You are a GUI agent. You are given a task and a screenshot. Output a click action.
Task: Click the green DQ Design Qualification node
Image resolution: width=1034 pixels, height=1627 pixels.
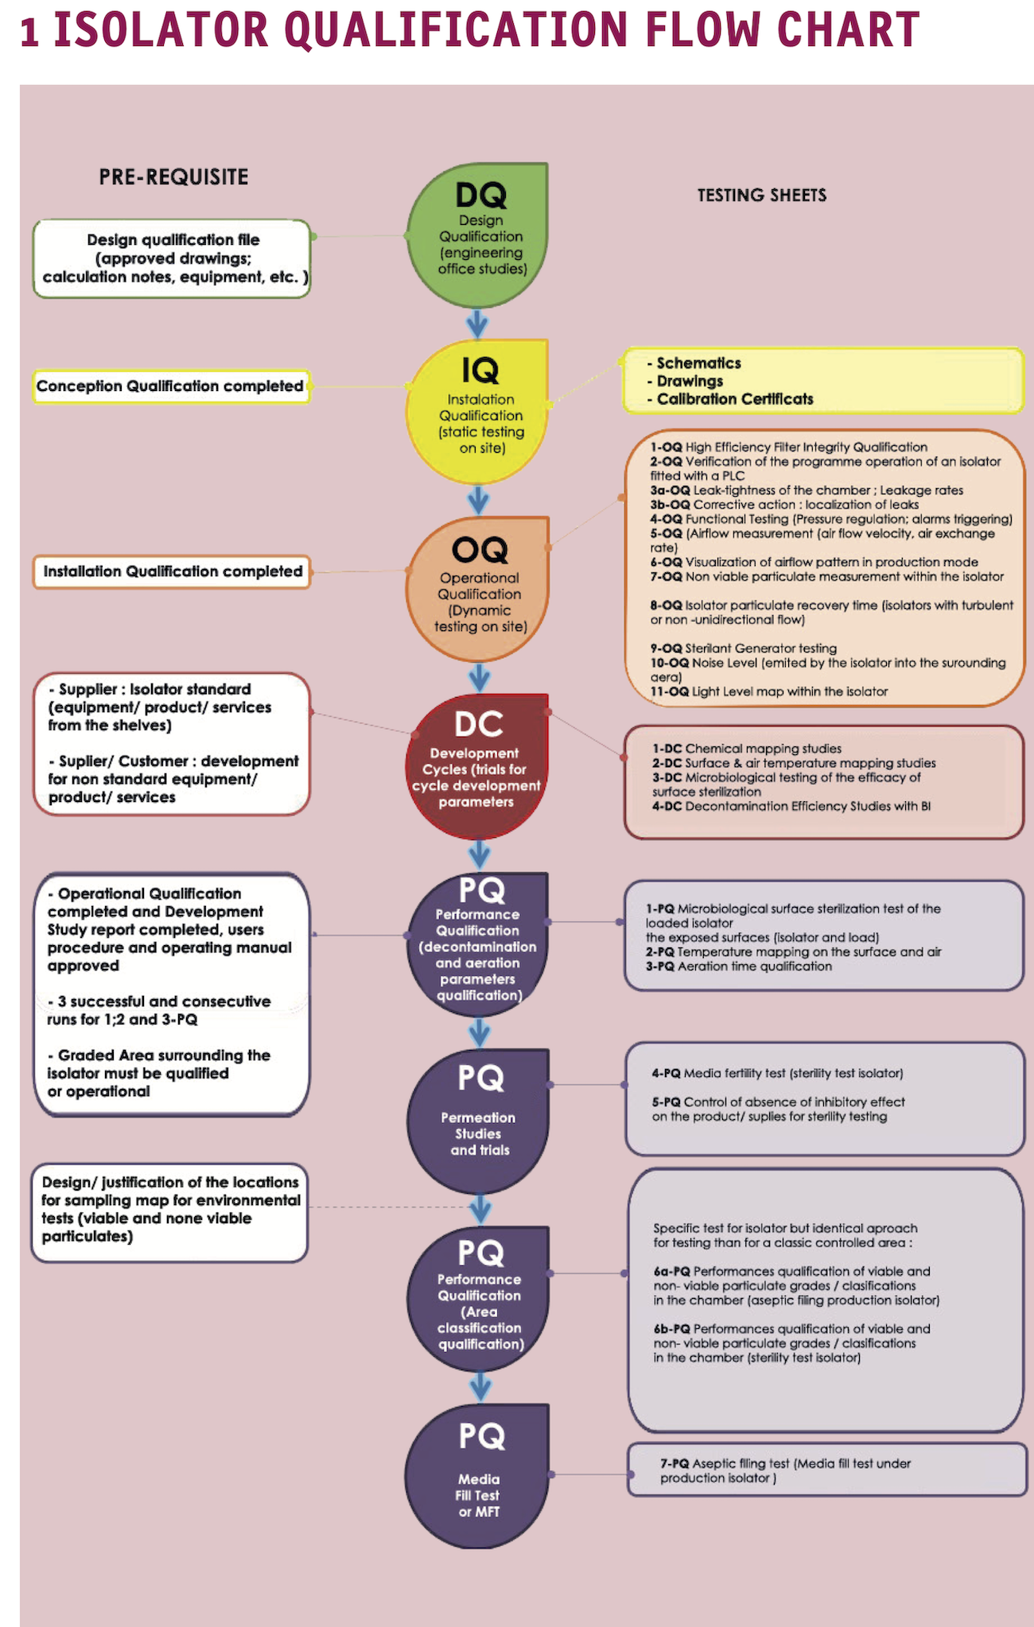point(478,236)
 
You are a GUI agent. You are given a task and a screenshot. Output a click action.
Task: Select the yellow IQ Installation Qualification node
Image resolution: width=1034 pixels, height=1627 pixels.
point(478,413)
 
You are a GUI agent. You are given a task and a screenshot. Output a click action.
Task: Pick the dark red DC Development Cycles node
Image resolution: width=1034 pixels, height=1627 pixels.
point(478,766)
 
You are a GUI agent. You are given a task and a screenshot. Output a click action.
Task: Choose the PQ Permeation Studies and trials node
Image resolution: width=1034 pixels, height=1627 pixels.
point(478,1121)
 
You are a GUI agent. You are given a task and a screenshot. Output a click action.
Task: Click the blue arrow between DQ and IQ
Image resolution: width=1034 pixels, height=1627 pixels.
point(477,323)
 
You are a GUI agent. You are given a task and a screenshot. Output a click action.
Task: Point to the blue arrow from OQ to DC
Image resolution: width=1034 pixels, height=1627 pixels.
point(479,678)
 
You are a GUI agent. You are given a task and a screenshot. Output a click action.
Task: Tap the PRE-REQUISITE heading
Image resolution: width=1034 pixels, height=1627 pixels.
point(173,176)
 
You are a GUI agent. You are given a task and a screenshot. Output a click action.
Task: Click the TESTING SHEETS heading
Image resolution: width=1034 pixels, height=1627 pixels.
point(761,196)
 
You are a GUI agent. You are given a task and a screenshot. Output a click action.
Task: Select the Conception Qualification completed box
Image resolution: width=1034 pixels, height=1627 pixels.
point(170,386)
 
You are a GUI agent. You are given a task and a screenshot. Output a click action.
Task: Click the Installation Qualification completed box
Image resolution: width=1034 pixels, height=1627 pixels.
point(172,571)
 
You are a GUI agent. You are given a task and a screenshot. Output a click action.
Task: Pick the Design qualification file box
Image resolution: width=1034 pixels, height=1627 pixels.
point(172,258)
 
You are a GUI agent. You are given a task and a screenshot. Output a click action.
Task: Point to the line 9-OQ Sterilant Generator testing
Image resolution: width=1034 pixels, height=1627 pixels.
point(743,649)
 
